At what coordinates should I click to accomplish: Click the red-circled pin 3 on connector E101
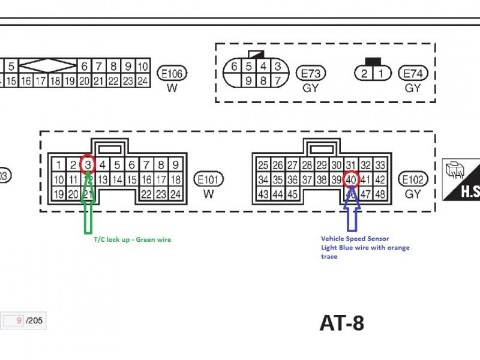pos(88,164)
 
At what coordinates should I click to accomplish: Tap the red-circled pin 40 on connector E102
pos(352,179)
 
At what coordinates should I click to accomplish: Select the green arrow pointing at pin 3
pos(88,204)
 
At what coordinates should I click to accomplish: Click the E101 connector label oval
pos(209,179)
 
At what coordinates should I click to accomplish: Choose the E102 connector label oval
pos(413,179)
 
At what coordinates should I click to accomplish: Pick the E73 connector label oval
pos(311,73)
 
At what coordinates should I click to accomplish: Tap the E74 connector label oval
pos(413,73)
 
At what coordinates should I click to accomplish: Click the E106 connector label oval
pos(172,74)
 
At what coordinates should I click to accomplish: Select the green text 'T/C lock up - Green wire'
pos(132,240)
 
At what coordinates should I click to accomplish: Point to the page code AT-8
pos(341,323)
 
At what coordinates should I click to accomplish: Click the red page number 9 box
pos(14,321)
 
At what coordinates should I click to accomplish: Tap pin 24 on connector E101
pos(175,194)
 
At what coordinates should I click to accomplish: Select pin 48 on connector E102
pos(380,194)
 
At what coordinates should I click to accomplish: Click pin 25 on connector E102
pos(263,165)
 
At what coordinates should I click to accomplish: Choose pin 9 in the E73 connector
pos(248,80)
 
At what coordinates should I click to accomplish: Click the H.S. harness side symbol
pos(460,179)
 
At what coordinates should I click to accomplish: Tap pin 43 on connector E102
pos(263,194)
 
